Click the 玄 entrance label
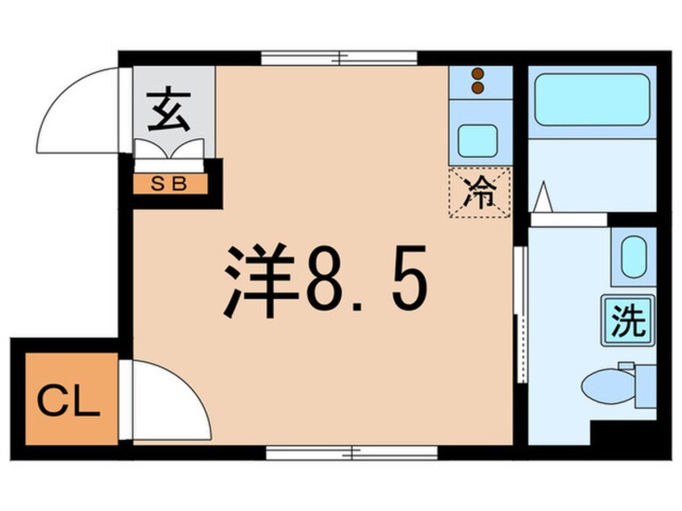(x=169, y=112)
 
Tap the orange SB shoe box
(x=170, y=183)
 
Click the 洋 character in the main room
(x=257, y=282)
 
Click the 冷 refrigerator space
(x=479, y=193)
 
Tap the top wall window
(x=339, y=57)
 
